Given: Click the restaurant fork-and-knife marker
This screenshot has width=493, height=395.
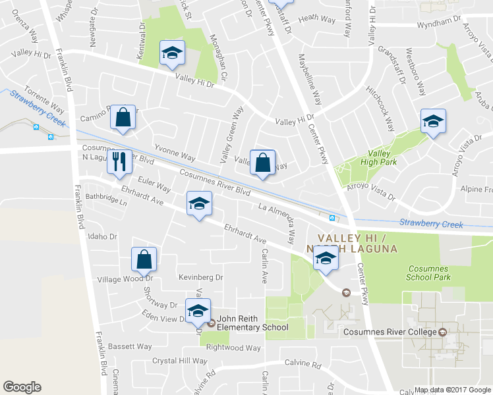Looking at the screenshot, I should [119, 161].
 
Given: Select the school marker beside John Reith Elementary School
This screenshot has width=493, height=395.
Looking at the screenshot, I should [197, 311].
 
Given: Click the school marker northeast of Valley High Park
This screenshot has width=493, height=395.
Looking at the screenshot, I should [433, 121].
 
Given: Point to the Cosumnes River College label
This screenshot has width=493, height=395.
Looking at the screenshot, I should [391, 332].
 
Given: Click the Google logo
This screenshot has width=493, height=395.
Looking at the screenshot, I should [22, 387].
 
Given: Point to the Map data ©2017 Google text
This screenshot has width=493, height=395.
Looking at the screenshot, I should [453, 390].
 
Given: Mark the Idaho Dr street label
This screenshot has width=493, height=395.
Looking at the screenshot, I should [101, 236].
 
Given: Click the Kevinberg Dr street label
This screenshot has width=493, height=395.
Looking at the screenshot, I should [201, 277].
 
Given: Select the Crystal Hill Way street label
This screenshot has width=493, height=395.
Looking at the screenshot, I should [180, 361].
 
